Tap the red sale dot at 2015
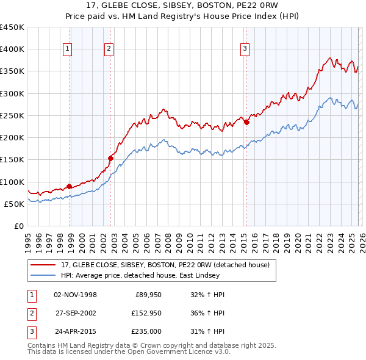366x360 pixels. pos(247,122)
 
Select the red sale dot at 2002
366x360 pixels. pos(111,158)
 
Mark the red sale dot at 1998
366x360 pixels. pos(69,186)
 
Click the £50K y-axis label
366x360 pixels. pos(15,204)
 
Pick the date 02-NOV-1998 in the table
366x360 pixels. pos(75,295)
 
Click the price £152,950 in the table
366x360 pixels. pos(146,313)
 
